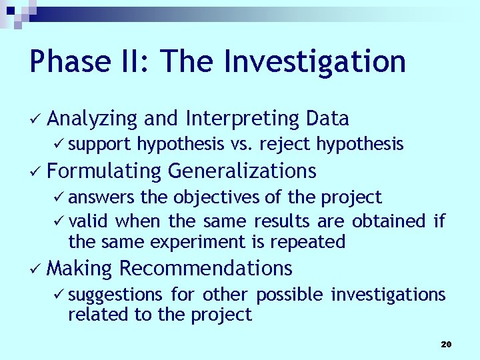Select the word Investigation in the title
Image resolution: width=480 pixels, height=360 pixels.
[x=315, y=62]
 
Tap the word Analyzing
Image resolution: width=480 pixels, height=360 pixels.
[x=93, y=119]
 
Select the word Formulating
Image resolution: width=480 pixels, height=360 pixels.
[x=105, y=171]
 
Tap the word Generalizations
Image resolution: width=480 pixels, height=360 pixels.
[x=242, y=171]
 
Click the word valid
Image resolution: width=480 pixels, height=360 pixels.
[x=90, y=221]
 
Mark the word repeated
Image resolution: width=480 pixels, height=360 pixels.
[x=312, y=241]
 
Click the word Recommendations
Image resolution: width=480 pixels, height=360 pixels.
[x=205, y=268]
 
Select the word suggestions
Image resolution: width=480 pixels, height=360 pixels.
[x=115, y=294]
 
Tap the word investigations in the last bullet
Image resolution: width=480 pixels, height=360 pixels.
[x=388, y=294]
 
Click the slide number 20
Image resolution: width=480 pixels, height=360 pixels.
[x=446, y=344]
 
